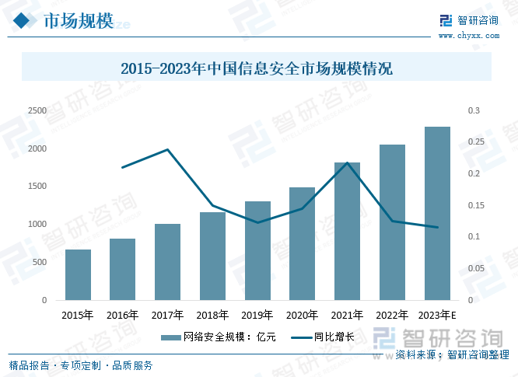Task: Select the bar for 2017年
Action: pyautogui.click(x=167, y=262)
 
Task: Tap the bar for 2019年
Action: pyautogui.click(x=257, y=251)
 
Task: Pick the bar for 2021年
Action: pyautogui.click(x=347, y=232)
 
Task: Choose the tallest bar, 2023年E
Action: pyautogui.click(x=437, y=214)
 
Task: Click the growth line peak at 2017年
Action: pyautogui.click(x=167, y=149)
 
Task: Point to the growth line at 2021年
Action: pyautogui.click(x=347, y=162)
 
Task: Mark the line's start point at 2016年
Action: pyautogui.click(x=123, y=167)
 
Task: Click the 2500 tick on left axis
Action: pyautogui.click(x=36, y=111)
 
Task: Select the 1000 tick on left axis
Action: pyautogui.click(x=36, y=225)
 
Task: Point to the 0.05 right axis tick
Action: pyautogui.click(x=475, y=268)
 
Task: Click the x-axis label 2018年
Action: pyautogui.click(x=212, y=316)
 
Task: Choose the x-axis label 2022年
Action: pyautogui.click(x=392, y=316)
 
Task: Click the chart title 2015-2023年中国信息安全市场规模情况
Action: pyautogui.click(x=257, y=69)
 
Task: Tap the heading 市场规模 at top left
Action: pyautogui.click(x=79, y=19)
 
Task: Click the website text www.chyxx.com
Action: pyautogui.click(x=467, y=35)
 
